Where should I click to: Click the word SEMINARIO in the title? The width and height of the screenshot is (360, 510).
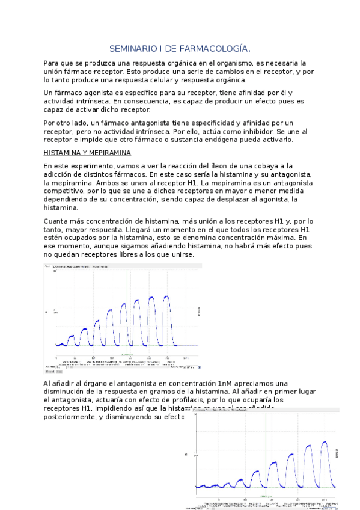(130, 48)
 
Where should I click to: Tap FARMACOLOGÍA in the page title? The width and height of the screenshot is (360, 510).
(218, 48)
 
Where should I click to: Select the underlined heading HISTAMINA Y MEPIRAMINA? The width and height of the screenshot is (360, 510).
(88, 153)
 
